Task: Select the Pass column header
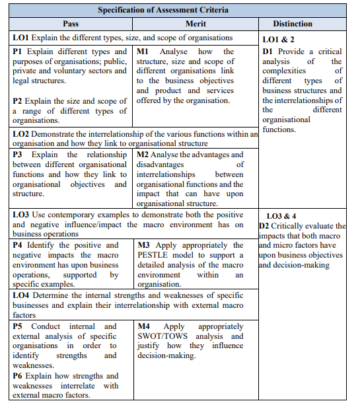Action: pos(71,24)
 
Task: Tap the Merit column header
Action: pos(196,24)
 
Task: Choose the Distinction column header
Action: pos(292,24)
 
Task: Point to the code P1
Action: pos(18,52)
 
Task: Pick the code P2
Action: pos(18,101)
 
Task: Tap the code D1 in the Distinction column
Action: pos(268,51)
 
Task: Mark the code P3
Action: pos(18,155)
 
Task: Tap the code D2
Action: pos(264,226)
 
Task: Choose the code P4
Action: pos(18,245)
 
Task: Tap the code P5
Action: pos(18,326)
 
